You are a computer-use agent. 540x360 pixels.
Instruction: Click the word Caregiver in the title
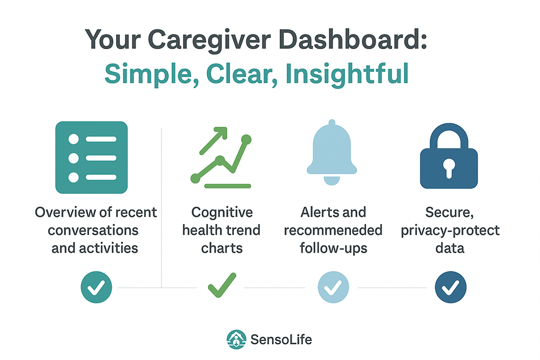(210, 40)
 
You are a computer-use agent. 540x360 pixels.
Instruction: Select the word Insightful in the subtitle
(347, 73)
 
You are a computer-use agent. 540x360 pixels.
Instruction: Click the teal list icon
(92, 157)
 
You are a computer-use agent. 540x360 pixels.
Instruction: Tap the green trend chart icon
(221, 158)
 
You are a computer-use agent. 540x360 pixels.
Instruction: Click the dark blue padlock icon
(449, 156)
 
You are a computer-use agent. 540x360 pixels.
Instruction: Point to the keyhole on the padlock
(449, 168)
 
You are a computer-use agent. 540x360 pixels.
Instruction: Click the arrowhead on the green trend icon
(221, 133)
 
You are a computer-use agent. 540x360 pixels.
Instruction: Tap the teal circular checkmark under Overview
(97, 287)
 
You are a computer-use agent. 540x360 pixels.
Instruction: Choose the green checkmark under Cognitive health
(222, 285)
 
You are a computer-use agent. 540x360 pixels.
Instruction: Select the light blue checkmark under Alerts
(333, 287)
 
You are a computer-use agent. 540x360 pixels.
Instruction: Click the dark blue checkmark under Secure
(450, 287)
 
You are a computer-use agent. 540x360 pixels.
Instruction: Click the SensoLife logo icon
(237, 339)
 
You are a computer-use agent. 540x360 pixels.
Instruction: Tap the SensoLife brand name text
(281, 339)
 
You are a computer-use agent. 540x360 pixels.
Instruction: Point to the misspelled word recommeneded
(333, 230)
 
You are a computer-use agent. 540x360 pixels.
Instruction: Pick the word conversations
(93, 230)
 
